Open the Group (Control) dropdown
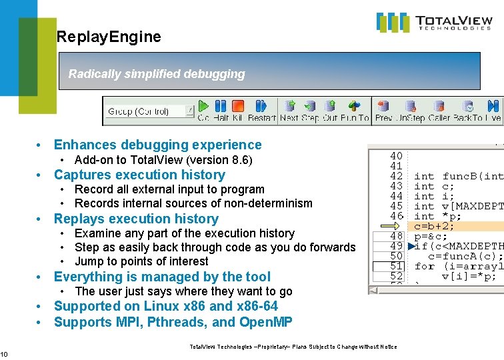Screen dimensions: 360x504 pos(189,111)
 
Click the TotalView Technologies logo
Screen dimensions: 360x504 pos(434,23)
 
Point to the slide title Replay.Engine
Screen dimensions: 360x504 pos(109,37)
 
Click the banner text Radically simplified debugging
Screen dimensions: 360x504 pos(157,74)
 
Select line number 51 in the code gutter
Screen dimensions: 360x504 pos(396,266)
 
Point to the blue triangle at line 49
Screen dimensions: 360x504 pos(411,246)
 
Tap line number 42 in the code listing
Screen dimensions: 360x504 pos(396,177)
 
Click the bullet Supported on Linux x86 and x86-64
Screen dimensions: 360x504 pos(165,306)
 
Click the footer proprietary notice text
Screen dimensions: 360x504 pos(293,347)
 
